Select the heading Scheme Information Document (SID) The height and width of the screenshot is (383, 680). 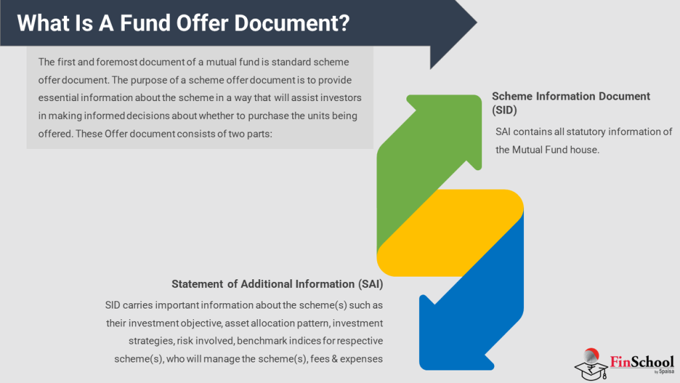click(570, 102)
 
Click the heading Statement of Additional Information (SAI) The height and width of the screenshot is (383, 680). click(278, 284)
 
